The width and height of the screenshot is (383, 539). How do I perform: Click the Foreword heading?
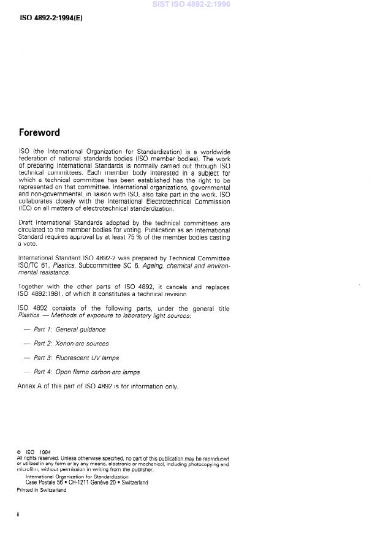[x=39, y=132]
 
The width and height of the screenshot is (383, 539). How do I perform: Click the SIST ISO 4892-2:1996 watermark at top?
[x=191, y=5]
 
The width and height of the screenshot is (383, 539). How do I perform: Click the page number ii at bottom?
[x=18, y=514]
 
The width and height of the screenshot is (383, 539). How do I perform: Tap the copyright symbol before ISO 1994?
[x=19, y=453]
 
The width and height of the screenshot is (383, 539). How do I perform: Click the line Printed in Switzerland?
[x=41, y=489]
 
